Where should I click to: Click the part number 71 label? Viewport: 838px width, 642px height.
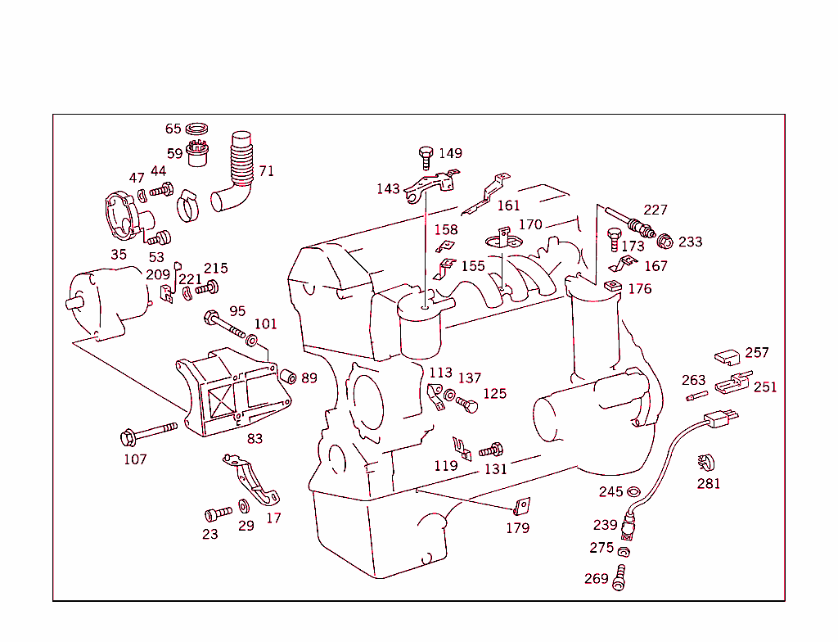point(267,171)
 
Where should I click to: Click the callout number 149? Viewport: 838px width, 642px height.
point(450,153)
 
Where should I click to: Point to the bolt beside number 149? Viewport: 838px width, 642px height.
point(426,156)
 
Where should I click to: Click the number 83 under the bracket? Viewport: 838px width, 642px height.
point(255,439)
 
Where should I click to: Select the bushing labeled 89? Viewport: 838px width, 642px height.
point(288,377)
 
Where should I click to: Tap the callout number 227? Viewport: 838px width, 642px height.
point(656,210)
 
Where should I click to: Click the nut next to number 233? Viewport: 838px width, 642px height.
point(666,241)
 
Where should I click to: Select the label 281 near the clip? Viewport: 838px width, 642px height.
point(709,484)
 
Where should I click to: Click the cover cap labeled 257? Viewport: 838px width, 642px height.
point(726,356)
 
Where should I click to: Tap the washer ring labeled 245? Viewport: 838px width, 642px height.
point(633,492)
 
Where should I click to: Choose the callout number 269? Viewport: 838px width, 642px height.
point(597,579)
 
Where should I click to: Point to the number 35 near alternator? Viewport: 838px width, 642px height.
point(119,255)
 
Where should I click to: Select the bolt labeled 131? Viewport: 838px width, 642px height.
point(492,450)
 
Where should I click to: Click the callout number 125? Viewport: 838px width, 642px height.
point(494,394)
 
